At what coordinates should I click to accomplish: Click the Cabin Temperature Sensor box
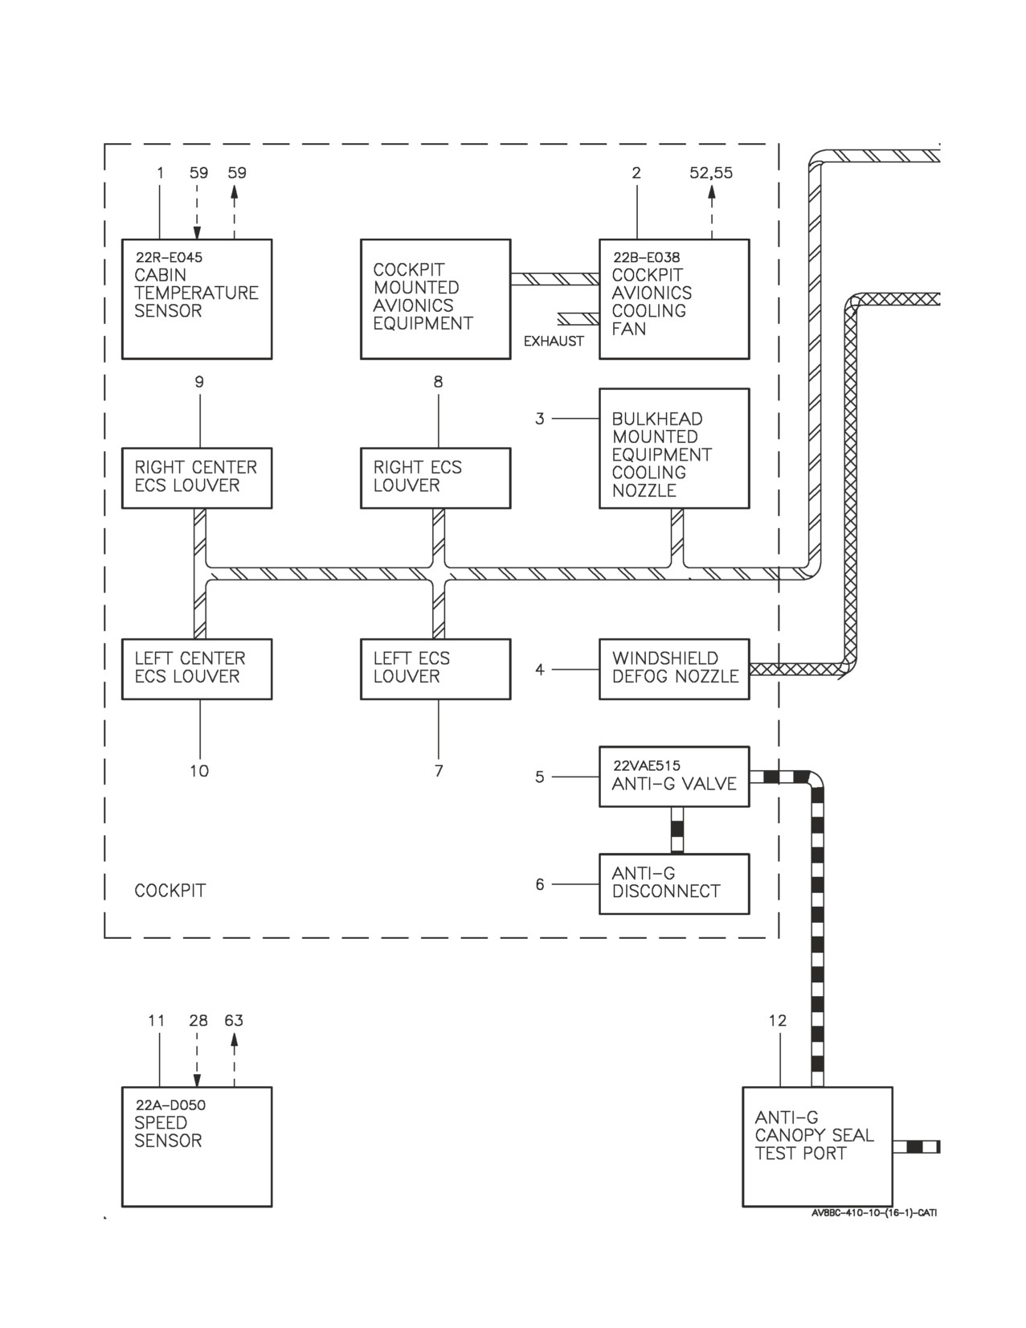(x=197, y=299)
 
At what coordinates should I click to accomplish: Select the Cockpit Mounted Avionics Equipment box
(x=435, y=299)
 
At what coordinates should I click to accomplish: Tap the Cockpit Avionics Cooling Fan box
(x=674, y=299)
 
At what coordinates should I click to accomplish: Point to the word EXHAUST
(x=554, y=342)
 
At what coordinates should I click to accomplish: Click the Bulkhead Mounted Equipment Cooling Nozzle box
(x=674, y=448)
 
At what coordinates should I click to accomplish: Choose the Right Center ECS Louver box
(x=197, y=478)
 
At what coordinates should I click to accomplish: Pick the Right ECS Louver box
(x=435, y=478)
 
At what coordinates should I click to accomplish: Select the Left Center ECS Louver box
(x=197, y=669)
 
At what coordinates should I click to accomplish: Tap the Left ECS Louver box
(x=435, y=669)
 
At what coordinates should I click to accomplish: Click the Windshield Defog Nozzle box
(x=674, y=669)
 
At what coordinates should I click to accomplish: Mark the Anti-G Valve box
(x=674, y=777)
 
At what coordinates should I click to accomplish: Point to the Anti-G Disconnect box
(x=674, y=884)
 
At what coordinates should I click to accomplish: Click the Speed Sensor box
(x=197, y=1147)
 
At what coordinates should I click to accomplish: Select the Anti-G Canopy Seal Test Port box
(x=817, y=1147)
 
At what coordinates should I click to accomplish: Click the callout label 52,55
(x=711, y=173)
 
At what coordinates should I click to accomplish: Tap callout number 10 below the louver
(x=199, y=771)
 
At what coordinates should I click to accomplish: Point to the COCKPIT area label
(x=170, y=891)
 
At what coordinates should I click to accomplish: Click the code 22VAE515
(x=646, y=765)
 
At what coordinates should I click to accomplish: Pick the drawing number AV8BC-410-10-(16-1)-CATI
(x=874, y=1213)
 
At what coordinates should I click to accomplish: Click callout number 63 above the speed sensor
(x=234, y=1021)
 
